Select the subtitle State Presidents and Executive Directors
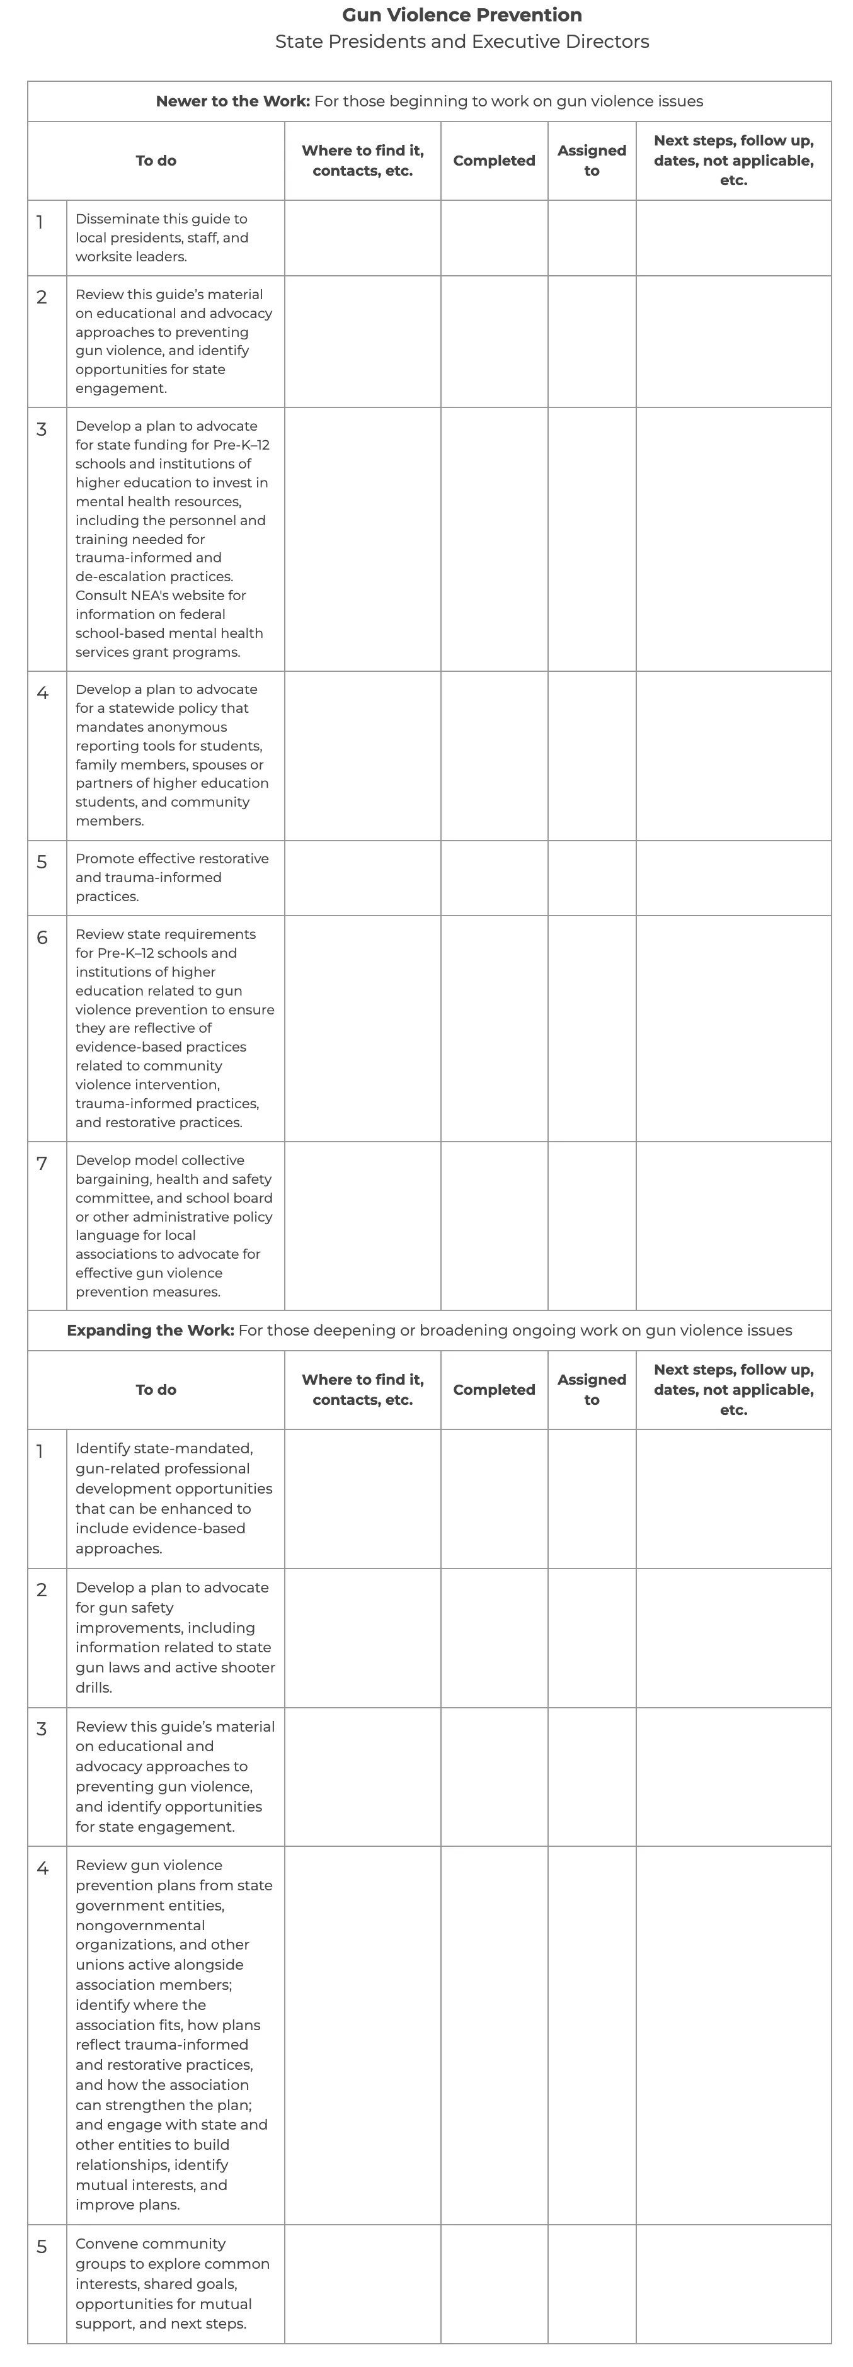tap(461, 42)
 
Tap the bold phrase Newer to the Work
tap(232, 101)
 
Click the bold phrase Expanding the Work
tap(150, 1331)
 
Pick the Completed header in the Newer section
tap(494, 161)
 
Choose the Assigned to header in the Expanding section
tap(591, 1389)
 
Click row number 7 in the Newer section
tap(42, 1163)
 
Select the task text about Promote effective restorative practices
tap(172, 878)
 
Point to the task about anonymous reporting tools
tap(172, 754)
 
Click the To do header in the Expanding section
tap(156, 1389)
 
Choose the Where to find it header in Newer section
tap(362, 161)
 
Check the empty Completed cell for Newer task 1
tap(494, 238)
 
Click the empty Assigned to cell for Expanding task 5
tap(591, 2283)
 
